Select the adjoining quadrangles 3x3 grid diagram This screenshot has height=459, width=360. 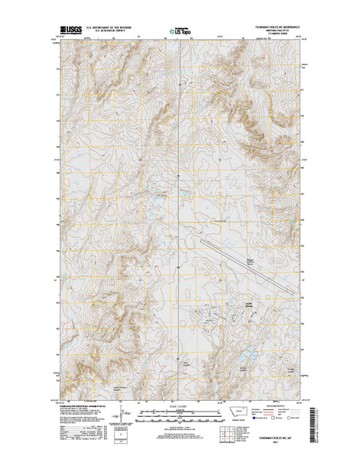click(x=229, y=433)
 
